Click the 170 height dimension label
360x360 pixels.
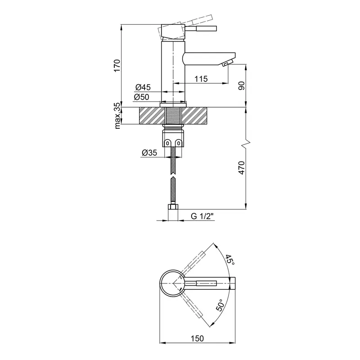[117, 65]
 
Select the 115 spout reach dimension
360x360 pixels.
[201, 79]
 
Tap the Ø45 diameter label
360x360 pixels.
[143, 87]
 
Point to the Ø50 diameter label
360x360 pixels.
[141, 97]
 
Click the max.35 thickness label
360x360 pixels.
[117, 116]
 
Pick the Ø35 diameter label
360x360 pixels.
[149, 153]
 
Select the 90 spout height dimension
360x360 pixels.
[242, 85]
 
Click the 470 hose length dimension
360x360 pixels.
[242, 168]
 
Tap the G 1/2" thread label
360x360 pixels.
[202, 216]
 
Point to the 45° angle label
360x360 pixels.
[230, 260]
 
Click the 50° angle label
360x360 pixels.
[220, 305]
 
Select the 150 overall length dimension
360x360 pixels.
[198, 338]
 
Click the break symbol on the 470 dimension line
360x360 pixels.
[246, 143]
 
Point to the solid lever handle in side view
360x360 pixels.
[201, 28]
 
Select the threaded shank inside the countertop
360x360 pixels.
[173, 116]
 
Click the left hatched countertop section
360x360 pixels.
[152, 116]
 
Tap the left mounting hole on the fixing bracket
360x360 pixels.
[168, 143]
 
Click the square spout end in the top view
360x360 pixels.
[233, 283]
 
